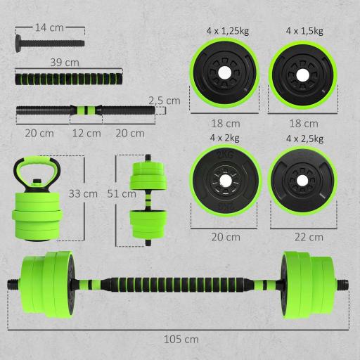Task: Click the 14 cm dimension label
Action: (49, 27)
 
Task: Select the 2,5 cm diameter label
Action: (164, 101)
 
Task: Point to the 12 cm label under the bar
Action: (86, 134)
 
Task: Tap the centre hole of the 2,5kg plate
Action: (301, 181)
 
